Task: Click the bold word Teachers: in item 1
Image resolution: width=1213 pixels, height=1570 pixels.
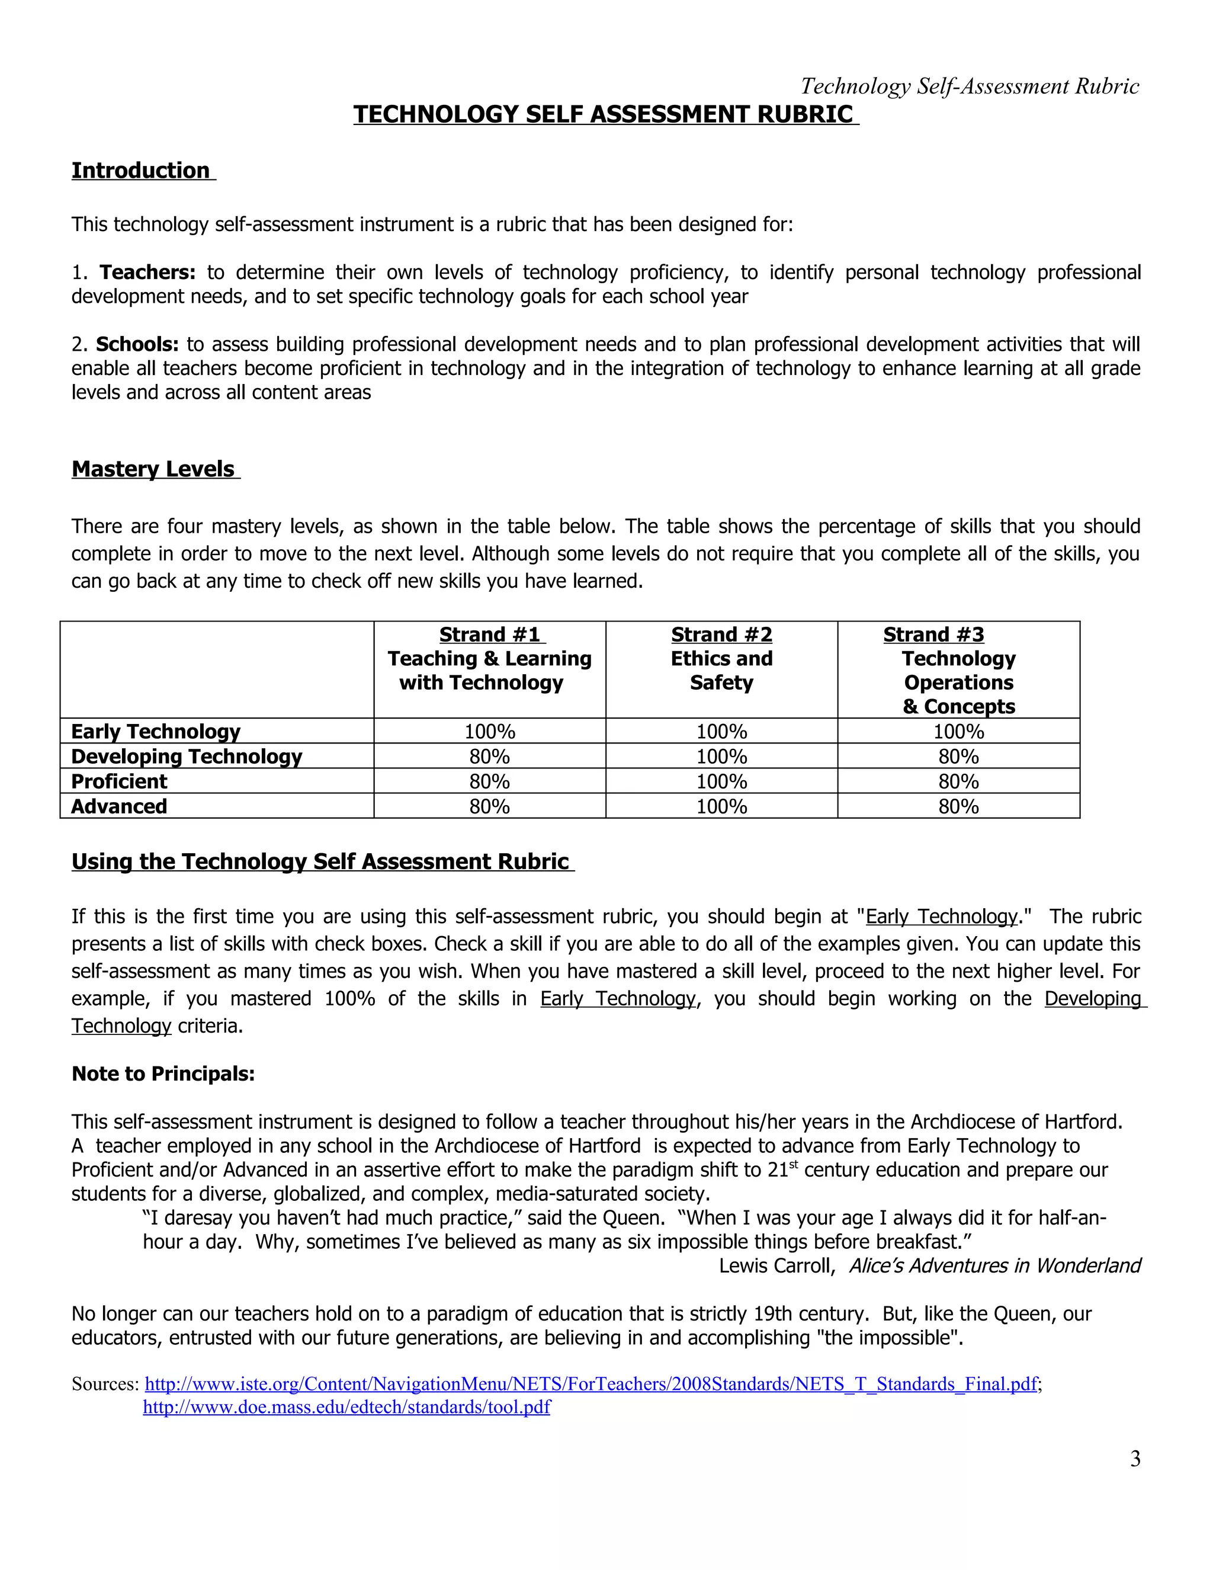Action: [x=147, y=273]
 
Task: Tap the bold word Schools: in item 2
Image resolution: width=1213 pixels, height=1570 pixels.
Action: [x=137, y=344]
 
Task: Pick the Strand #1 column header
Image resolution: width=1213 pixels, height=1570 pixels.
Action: [x=489, y=635]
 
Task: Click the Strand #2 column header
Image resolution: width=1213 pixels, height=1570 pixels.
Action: [x=721, y=635]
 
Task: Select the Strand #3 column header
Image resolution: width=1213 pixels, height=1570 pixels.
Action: [x=933, y=635]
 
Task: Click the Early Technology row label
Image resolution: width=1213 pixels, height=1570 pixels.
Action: [x=156, y=731]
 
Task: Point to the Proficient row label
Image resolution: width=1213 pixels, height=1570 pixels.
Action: [x=119, y=781]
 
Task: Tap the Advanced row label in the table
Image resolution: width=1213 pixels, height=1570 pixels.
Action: [x=119, y=806]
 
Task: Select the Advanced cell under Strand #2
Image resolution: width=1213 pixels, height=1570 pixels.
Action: [x=721, y=806]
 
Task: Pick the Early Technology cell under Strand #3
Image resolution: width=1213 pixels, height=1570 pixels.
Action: [x=959, y=731]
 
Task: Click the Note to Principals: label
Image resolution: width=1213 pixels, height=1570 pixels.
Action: [x=163, y=1074]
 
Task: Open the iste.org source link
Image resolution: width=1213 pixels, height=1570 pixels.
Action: [x=591, y=1384]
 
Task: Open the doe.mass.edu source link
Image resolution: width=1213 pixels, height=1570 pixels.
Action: [x=346, y=1407]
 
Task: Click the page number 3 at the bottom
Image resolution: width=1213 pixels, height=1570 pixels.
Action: [x=1135, y=1459]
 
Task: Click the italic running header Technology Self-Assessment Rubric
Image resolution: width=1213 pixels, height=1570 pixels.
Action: [x=970, y=86]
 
